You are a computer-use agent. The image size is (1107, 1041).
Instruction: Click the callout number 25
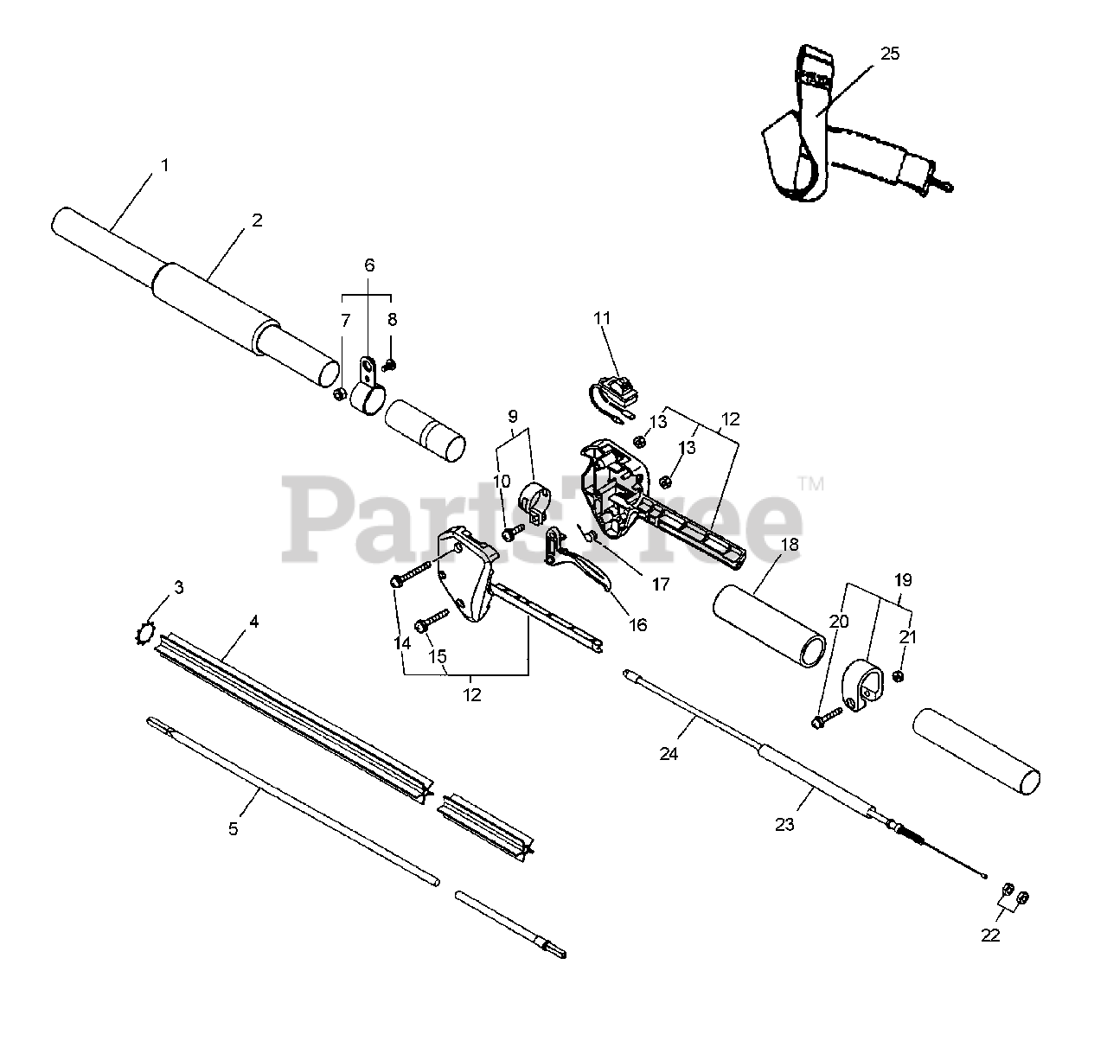[890, 54]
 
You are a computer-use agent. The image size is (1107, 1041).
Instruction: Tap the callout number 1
[164, 164]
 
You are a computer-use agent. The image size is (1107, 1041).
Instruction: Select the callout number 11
[602, 318]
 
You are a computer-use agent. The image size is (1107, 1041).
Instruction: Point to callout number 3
[179, 588]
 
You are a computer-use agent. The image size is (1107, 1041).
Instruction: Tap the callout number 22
[990, 936]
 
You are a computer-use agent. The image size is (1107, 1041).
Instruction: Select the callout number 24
[669, 754]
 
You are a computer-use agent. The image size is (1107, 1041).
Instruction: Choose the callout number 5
[233, 828]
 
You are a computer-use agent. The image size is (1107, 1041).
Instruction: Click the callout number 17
[661, 584]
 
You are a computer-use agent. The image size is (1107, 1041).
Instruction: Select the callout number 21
[906, 637]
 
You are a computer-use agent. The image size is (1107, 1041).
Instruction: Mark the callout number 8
[392, 319]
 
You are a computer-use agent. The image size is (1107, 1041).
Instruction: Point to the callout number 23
[784, 825]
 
